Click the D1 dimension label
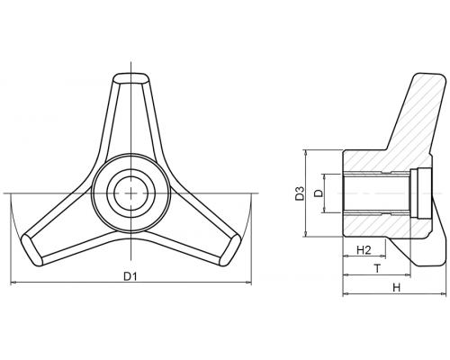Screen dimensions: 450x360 [130, 276]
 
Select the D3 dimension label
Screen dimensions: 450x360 [300, 193]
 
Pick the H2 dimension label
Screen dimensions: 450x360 [364, 250]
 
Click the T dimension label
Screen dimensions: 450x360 [377, 268]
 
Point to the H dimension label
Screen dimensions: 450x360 [397, 288]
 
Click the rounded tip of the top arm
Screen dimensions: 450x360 [131, 77]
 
